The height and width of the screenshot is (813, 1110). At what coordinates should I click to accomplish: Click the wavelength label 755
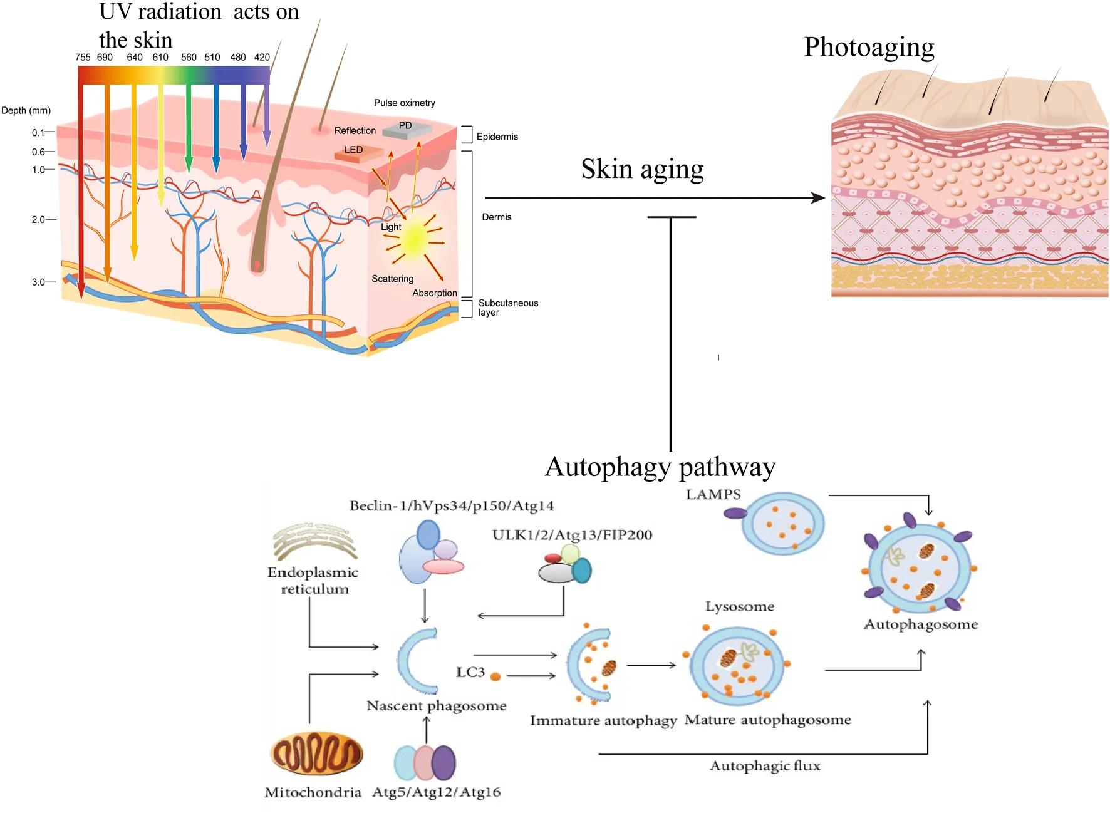click(82, 57)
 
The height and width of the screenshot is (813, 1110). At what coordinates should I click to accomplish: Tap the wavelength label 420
click(262, 57)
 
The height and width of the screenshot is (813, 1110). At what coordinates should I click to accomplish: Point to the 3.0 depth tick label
click(38, 282)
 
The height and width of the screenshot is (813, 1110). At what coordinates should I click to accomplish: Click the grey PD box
click(407, 129)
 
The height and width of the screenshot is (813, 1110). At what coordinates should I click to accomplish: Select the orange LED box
click(358, 152)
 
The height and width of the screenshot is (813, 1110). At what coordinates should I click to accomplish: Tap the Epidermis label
click(497, 137)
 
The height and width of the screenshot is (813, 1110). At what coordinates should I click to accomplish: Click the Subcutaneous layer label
click(507, 308)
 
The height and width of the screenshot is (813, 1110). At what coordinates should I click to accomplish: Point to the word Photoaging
click(869, 47)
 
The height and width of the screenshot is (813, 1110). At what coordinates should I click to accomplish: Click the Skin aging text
click(642, 169)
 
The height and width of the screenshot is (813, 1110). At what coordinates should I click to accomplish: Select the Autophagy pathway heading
click(660, 467)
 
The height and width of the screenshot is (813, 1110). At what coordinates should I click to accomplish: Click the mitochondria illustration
click(316, 753)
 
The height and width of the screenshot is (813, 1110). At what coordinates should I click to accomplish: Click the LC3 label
click(470, 673)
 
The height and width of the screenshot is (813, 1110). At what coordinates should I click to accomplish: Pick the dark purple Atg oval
click(444, 763)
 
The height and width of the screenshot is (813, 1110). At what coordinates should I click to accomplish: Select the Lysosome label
click(740, 607)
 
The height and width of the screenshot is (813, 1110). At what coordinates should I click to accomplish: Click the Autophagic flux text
click(765, 766)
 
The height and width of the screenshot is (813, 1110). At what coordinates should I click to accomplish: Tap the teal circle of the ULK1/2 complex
click(582, 571)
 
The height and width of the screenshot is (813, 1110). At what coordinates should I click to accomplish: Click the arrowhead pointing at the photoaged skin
click(819, 198)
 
